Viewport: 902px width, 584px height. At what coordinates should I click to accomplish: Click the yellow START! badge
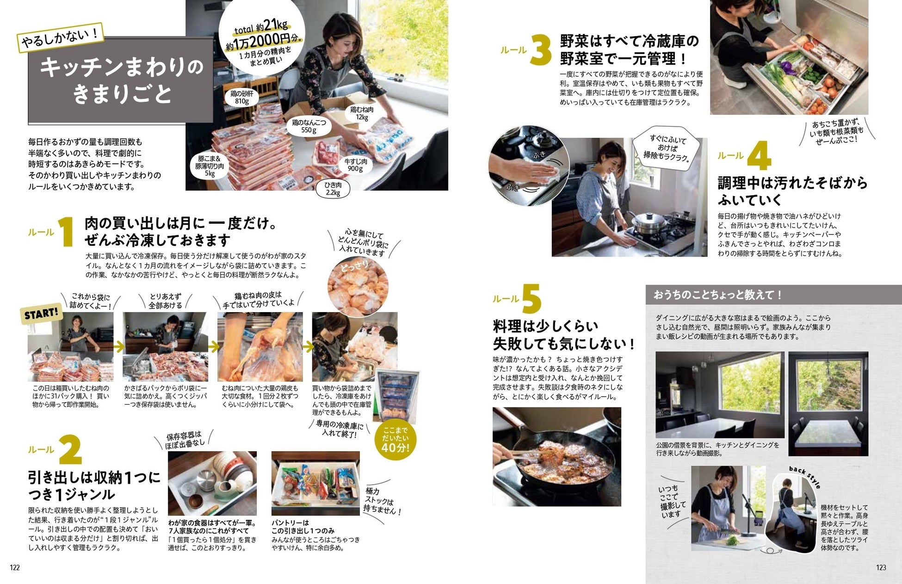click(x=42, y=314)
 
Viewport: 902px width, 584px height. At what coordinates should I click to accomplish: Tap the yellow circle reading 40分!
click(x=395, y=440)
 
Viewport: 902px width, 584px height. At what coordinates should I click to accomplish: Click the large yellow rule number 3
click(x=541, y=50)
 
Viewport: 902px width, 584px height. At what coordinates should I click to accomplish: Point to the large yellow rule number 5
click(x=532, y=298)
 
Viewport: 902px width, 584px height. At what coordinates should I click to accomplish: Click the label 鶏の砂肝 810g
click(x=242, y=98)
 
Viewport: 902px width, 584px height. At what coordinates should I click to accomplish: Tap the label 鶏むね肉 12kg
click(x=361, y=113)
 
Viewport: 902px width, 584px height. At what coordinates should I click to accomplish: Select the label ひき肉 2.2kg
click(x=333, y=189)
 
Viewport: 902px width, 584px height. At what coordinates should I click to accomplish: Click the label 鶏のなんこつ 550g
click(x=309, y=126)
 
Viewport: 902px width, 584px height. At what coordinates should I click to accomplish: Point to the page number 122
click(x=15, y=567)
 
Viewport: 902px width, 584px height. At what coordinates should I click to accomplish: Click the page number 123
click(x=881, y=567)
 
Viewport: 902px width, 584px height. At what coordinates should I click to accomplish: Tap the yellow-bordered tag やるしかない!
click(x=60, y=37)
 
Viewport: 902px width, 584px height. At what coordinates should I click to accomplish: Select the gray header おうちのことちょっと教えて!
click(x=773, y=295)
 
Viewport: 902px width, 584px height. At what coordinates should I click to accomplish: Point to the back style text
click(x=805, y=477)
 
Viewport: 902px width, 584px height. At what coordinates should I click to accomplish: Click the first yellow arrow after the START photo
click(x=118, y=346)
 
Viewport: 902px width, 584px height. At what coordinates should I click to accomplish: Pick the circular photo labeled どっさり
click(x=358, y=286)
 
